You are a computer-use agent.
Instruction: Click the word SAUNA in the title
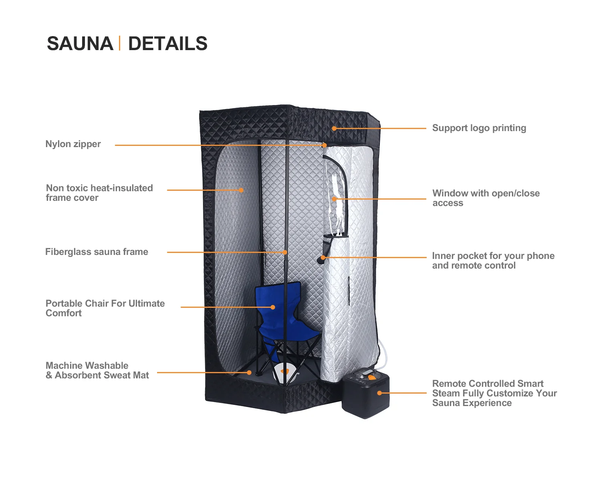click(80, 44)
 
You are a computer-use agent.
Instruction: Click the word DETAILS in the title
click(167, 44)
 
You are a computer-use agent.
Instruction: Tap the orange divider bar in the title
click(119, 43)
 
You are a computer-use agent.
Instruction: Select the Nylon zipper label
click(73, 144)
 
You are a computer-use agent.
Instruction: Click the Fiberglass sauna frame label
click(97, 252)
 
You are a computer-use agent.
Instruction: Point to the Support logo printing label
click(479, 128)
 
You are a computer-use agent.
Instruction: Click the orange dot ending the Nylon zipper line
click(324, 145)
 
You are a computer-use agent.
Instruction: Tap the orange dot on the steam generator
click(379, 393)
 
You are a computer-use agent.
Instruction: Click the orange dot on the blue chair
click(273, 307)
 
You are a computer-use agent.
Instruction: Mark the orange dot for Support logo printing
click(334, 128)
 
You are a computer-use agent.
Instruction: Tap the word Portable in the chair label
click(63, 303)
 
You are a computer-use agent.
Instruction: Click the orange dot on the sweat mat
click(249, 372)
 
